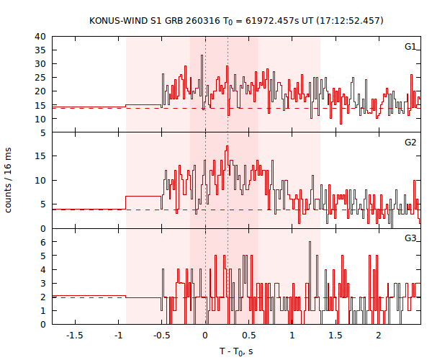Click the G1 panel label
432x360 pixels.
[410, 47]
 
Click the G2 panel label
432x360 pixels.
[410, 143]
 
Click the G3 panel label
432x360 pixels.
[410, 238]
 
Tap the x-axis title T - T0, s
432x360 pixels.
[236, 351]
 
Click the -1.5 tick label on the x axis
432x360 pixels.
[75, 336]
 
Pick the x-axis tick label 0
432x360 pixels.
[205, 336]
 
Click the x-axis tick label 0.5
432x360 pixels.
[248, 336]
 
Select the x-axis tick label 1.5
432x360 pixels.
[336, 336]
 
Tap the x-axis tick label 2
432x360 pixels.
[379, 336]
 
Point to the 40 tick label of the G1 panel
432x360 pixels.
[40, 36]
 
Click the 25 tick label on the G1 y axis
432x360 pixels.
[40, 78]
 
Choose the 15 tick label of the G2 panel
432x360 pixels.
[40, 156]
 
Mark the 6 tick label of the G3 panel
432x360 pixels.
[43, 242]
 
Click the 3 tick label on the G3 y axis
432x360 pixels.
[43, 283]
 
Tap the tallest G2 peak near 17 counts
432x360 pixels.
[228, 147]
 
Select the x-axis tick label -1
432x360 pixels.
[118, 336]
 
